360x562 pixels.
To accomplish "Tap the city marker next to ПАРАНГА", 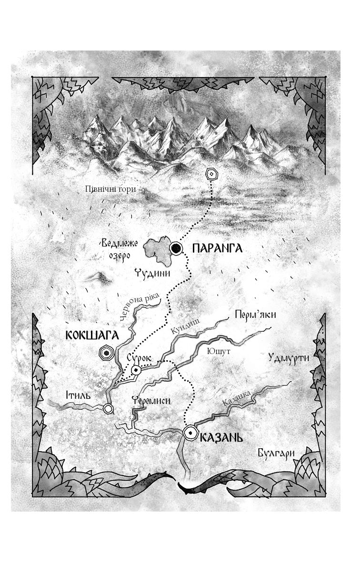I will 177,247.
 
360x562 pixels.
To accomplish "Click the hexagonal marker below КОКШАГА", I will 105,353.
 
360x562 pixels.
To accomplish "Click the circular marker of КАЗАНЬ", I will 190,432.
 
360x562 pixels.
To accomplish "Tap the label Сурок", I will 139,358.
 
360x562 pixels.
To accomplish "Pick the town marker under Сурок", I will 137,370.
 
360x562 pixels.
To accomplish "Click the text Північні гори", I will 110,188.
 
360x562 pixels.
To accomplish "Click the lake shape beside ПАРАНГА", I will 158,251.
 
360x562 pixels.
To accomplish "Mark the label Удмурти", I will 289,357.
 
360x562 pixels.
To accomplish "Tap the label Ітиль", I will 78,395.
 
